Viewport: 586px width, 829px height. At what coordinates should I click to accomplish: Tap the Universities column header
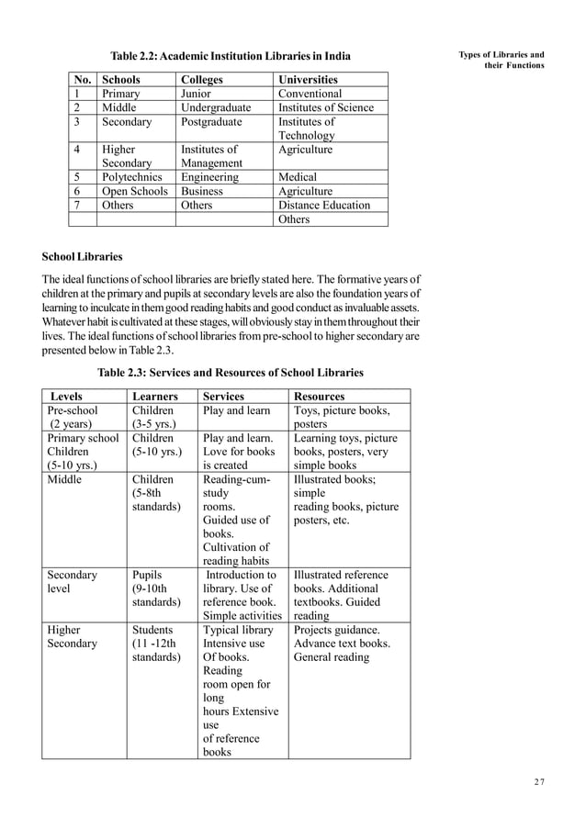click(308, 80)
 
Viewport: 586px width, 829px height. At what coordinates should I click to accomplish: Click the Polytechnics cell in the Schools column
click(132, 176)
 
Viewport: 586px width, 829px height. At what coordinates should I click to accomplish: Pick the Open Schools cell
click(135, 191)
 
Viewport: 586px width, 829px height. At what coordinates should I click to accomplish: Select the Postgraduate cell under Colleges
click(211, 121)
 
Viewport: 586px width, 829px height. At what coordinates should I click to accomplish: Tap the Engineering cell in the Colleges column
click(209, 176)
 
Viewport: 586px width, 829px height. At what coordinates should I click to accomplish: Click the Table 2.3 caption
click(231, 373)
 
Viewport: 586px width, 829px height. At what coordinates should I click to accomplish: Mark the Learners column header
click(155, 396)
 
